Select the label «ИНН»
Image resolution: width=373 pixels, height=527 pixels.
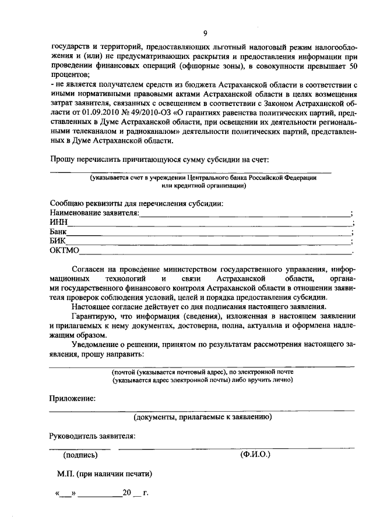[x=58, y=223]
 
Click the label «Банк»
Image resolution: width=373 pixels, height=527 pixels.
[x=59, y=232]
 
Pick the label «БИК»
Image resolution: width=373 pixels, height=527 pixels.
[x=58, y=242]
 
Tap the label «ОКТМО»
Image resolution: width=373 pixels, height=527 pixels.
[x=64, y=252]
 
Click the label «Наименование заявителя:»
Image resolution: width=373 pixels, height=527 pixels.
[x=94, y=213]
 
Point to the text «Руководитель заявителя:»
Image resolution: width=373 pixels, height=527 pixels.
[x=92, y=436]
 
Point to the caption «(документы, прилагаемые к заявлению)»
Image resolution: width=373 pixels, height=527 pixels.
[x=202, y=417]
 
